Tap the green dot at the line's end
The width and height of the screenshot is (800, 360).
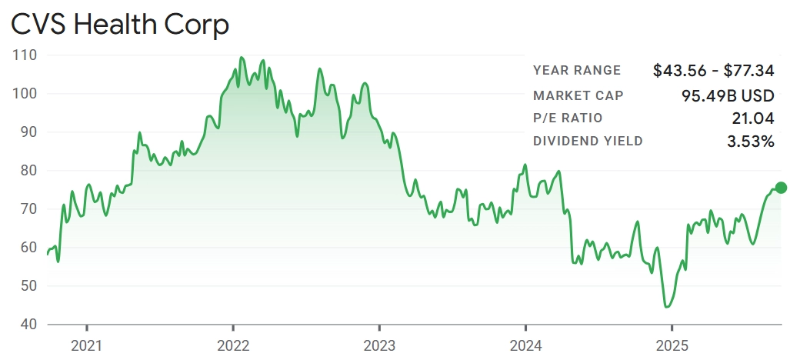pyautogui.click(x=781, y=188)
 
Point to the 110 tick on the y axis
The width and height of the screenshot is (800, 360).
pyautogui.click(x=26, y=55)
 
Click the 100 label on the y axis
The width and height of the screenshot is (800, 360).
pyautogui.click(x=26, y=94)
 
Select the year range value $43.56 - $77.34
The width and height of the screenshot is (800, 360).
pyautogui.click(x=713, y=71)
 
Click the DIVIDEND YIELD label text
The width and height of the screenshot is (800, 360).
pyautogui.click(x=588, y=142)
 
